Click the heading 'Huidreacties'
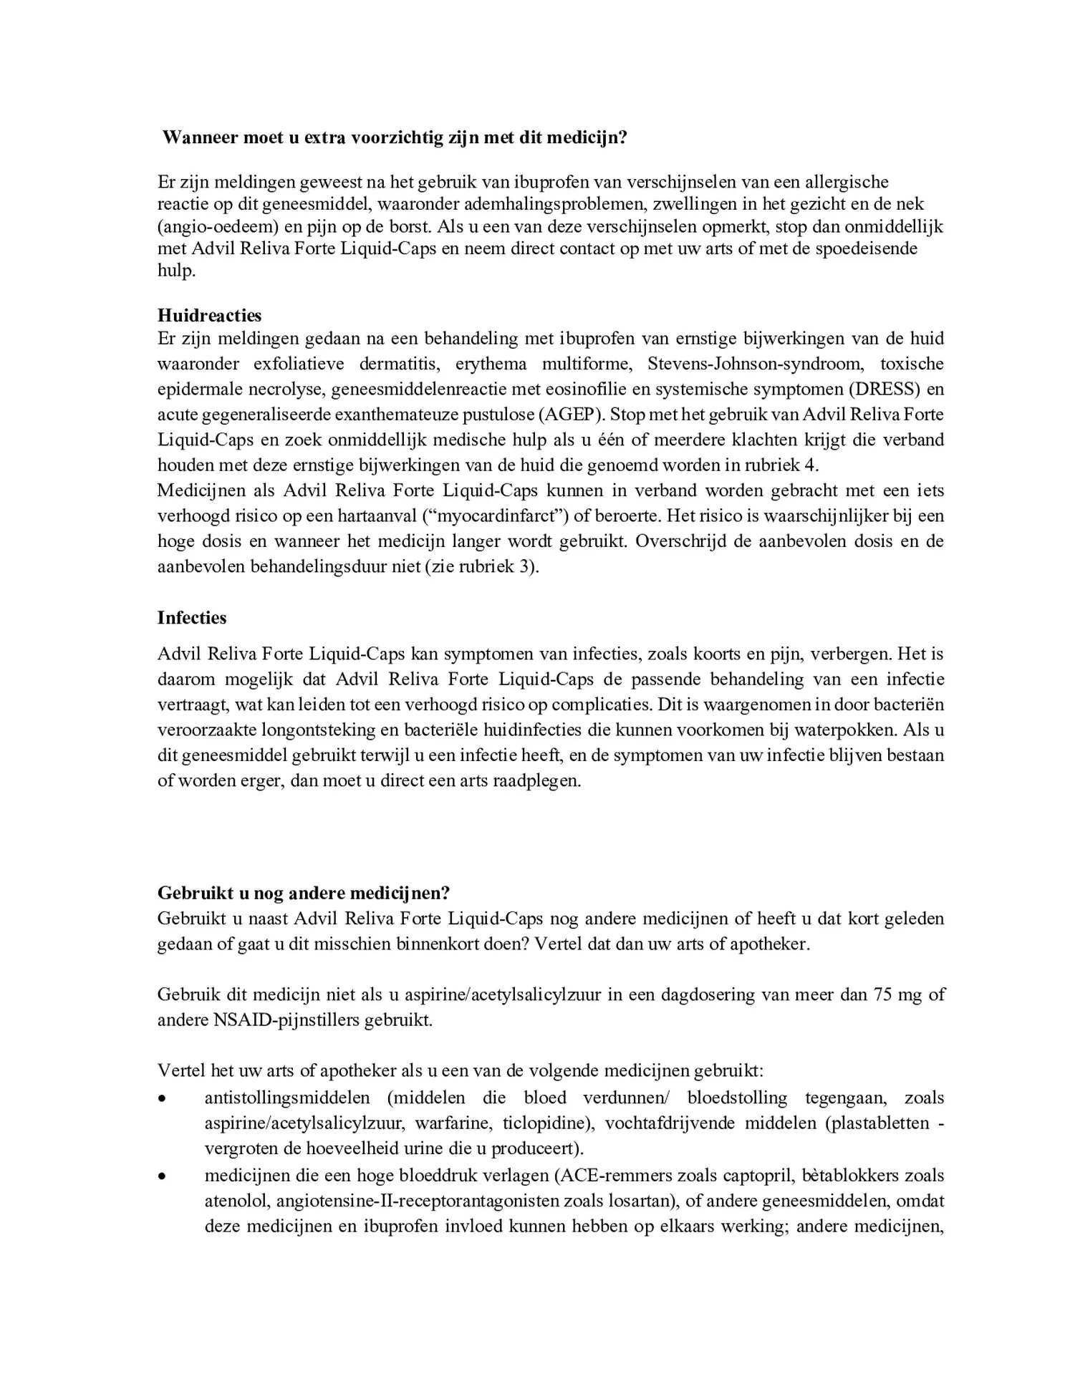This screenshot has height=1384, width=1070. pyautogui.click(x=209, y=316)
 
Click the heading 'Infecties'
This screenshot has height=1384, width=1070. pyautogui.click(x=191, y=618)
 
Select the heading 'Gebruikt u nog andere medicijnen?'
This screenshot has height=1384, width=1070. pyautogui.click(x=303, y=894)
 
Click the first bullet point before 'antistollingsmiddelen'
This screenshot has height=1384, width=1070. pyautogui.click(x=163, y=1098)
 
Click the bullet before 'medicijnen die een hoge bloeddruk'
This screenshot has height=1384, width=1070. pyautogui.click(x=163, y=1176)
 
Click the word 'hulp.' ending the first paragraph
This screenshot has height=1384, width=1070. pyautogui.click(x=176, y=271)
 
